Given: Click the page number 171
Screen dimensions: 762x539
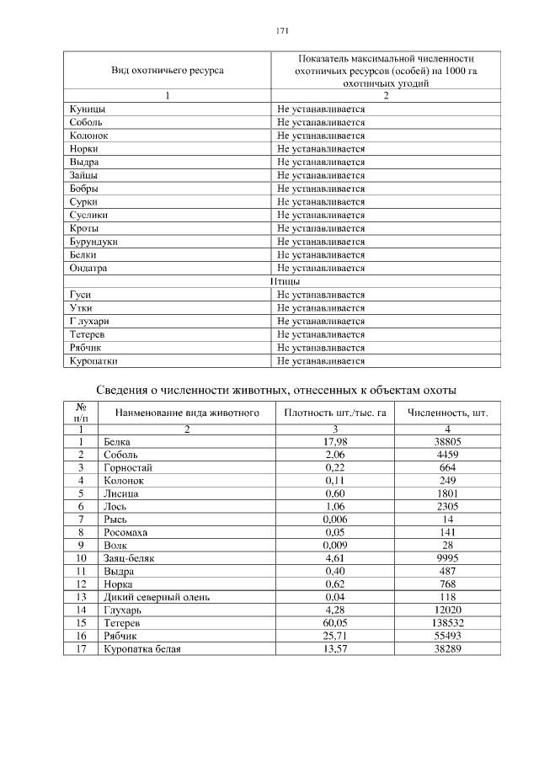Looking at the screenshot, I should (282, 31).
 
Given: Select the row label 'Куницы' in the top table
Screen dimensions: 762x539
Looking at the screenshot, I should (87, 109).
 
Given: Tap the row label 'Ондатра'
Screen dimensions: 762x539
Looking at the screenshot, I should (89, 269).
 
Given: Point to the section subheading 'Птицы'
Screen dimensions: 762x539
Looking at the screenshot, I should (286, 281).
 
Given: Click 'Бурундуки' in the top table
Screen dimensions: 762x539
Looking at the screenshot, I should (93, 242).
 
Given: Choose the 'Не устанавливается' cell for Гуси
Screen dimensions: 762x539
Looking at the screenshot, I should (321, 296).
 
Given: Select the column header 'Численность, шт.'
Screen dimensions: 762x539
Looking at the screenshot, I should (447, 413).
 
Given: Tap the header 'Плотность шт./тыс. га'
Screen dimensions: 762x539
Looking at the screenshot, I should (335, 413).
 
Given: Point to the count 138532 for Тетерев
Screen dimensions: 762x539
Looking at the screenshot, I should (447, 623).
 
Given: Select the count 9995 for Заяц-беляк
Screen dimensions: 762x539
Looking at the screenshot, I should (447, 558).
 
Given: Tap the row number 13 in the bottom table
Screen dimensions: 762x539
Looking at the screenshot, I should (82, 597).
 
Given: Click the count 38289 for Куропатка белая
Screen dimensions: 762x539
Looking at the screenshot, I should (447, 649).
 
